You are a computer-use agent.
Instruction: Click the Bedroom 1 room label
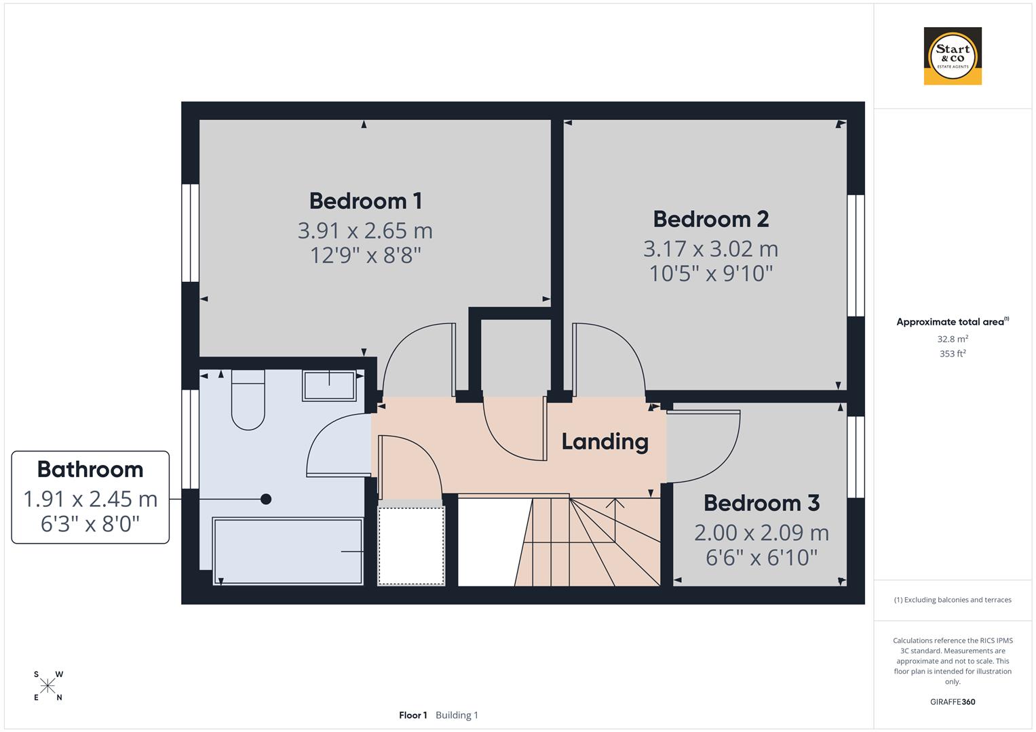click(x=365, y=201)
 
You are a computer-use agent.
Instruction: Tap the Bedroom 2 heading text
click(x=710, y=219)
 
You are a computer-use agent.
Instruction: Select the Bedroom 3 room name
click(x=761, y=503)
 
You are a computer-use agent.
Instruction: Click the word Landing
click(x=605, y=442)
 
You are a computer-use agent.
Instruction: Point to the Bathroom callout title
click(x=90, y=469)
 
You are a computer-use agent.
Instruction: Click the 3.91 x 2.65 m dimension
click(x=365, y=230)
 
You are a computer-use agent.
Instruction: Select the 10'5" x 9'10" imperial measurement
click(x=710, y=274)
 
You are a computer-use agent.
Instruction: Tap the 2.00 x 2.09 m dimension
click(x=761, y=533)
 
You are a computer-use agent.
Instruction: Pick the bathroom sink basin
click(x=329, y=386)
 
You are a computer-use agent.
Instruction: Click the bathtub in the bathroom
click(x=288, y=551)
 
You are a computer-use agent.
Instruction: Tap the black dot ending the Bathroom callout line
click(x=266, y=499)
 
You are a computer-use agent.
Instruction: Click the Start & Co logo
click(x=953, y=56)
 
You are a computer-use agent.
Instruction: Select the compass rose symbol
click(x=47, y=686)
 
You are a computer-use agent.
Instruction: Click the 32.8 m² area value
click(x=952, y=339)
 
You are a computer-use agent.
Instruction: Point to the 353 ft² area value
click(x=952, y=354)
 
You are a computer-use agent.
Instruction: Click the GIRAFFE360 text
click(x=952, y=702)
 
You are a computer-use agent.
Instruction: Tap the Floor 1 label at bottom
click(x=413, y=715)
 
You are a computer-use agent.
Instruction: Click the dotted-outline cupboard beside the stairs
click(x=411, y=545)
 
